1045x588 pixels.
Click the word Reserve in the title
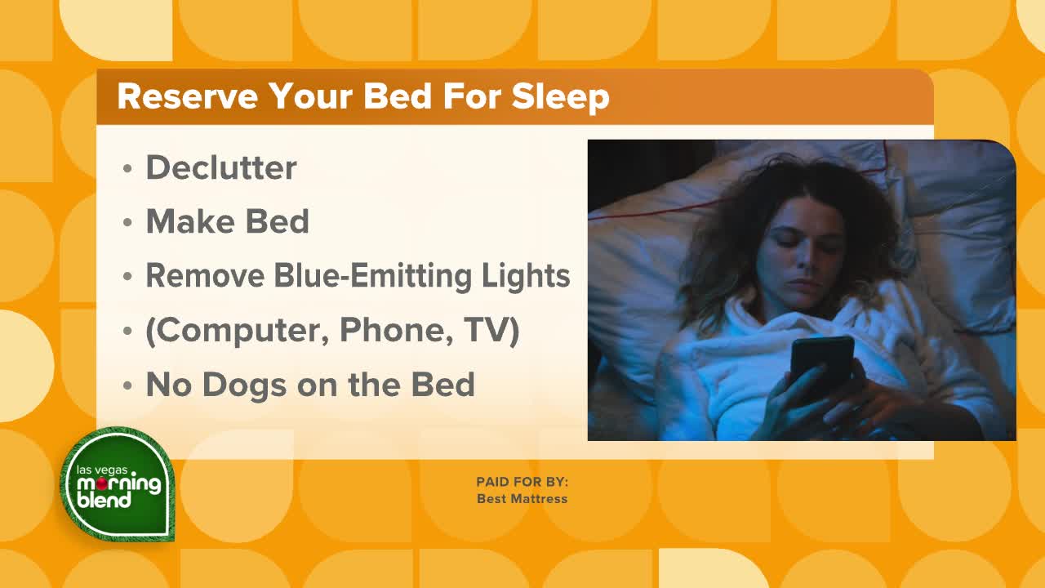(187, 96)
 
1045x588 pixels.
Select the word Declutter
(221, 167)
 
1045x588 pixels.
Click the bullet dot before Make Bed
(127, 223)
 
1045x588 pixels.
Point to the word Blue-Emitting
(373, 275)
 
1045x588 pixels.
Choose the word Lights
(526, 276)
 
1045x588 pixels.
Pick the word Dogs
(244, 385)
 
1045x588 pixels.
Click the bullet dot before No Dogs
(127, 386)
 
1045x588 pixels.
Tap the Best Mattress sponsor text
(522, 498)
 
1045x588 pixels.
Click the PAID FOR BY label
(522, 482)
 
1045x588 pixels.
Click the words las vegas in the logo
(102, 470)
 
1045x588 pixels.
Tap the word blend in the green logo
(104, 500)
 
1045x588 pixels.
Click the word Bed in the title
(397, 96)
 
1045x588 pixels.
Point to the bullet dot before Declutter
(127, 168)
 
